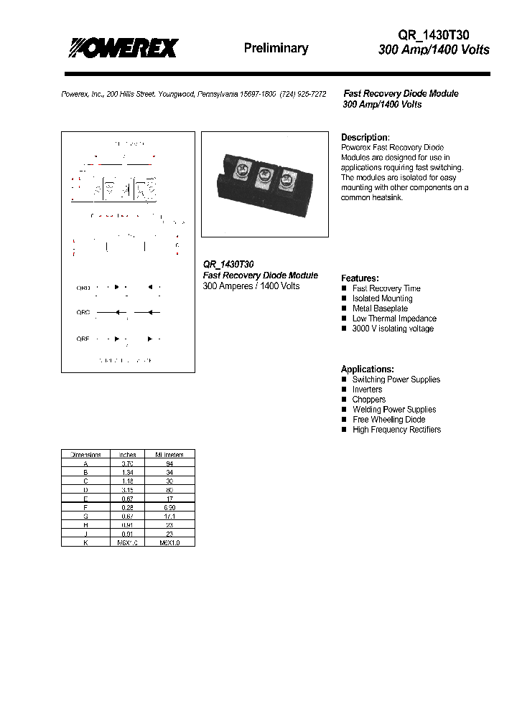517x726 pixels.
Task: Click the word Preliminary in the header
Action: [276, 48]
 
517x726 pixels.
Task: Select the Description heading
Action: [365, 137]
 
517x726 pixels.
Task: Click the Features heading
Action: [360, 278]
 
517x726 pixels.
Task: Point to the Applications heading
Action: [367, 369]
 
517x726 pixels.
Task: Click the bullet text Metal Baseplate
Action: [380, 308]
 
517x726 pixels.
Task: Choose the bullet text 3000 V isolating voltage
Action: [393, 329]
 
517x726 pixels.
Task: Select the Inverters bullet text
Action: [367, 390]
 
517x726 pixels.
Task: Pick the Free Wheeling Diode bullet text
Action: [388, 420]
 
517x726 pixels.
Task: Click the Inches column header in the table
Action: [127, 454]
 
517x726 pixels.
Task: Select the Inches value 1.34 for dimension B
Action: [127, 472]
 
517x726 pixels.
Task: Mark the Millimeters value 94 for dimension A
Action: [169, 463]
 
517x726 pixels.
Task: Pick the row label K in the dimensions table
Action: [85, 542]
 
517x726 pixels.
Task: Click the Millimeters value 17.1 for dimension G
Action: [169, 516]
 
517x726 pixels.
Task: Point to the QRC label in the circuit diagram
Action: [83, 312]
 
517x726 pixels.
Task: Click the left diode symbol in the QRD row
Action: [116, 287]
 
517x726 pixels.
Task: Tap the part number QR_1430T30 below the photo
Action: [228, 265]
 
